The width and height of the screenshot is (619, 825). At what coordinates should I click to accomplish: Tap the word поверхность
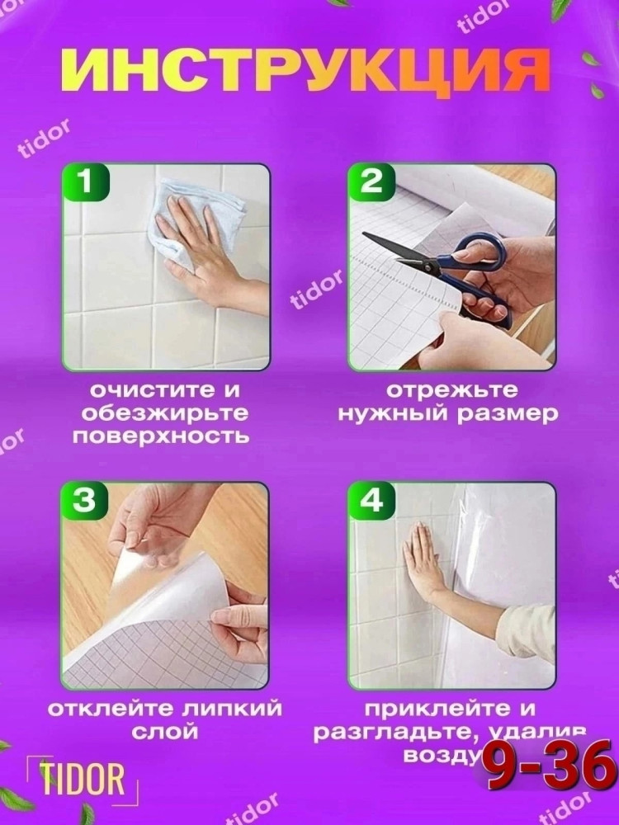tap(160, 436)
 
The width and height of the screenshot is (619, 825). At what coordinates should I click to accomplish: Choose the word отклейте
tap(100, 709)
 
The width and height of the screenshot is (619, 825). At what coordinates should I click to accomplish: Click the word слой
tap(165, 732)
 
